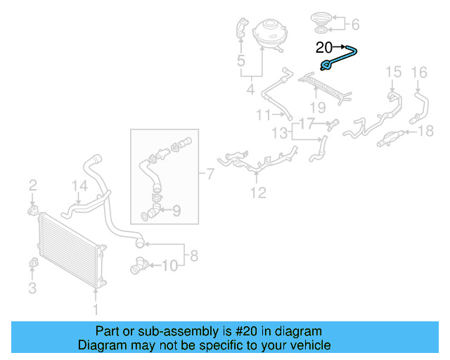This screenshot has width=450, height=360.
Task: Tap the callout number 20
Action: tap(324, 48)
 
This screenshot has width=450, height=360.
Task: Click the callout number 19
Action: tap(318, 107)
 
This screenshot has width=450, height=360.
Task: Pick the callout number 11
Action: tap(263, 114)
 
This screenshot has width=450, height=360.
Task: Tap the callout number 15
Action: tap(393, 71)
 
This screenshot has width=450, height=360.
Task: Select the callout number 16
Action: tap(418, 71)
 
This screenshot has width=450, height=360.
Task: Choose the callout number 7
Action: tap(210, 172)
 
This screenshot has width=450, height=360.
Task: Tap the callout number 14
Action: tap(79, 186)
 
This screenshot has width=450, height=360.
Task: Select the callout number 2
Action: tap(32, 186)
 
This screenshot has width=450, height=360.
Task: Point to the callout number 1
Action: tap(96, 308)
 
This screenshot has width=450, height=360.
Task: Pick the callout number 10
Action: tap(170, 265)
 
